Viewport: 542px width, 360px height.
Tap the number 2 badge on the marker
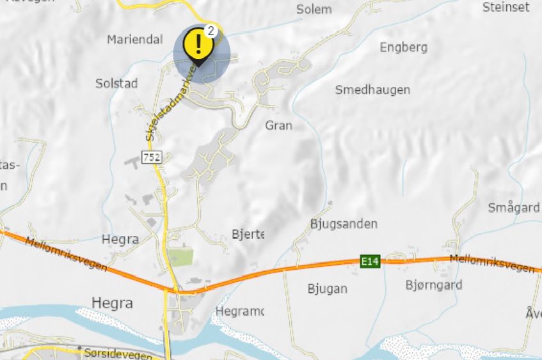tap(211, 31)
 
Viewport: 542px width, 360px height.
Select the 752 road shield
tap(153, 157)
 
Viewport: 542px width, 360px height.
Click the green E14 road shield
tap(369, 261)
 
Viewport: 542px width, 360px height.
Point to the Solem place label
tap(314, 9)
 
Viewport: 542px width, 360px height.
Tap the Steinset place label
tap(506, 7)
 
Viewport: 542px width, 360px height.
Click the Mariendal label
tap(134, 40)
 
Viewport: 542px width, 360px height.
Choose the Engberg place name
tap(403, 47)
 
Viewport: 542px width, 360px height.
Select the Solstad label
tap(116, 83)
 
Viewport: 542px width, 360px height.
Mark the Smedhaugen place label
tap(372, 90)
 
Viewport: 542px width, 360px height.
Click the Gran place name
tap(278, 125)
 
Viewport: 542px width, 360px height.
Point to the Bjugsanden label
tap(344, 224)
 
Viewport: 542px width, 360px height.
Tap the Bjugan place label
tap(327, 288)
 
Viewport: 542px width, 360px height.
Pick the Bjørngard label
tap(433, 285)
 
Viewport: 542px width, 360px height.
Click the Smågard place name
tap(513, 208)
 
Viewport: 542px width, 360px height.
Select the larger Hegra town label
tap(112, 302)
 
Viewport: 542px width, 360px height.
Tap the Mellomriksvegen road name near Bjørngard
tap(491, 263)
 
